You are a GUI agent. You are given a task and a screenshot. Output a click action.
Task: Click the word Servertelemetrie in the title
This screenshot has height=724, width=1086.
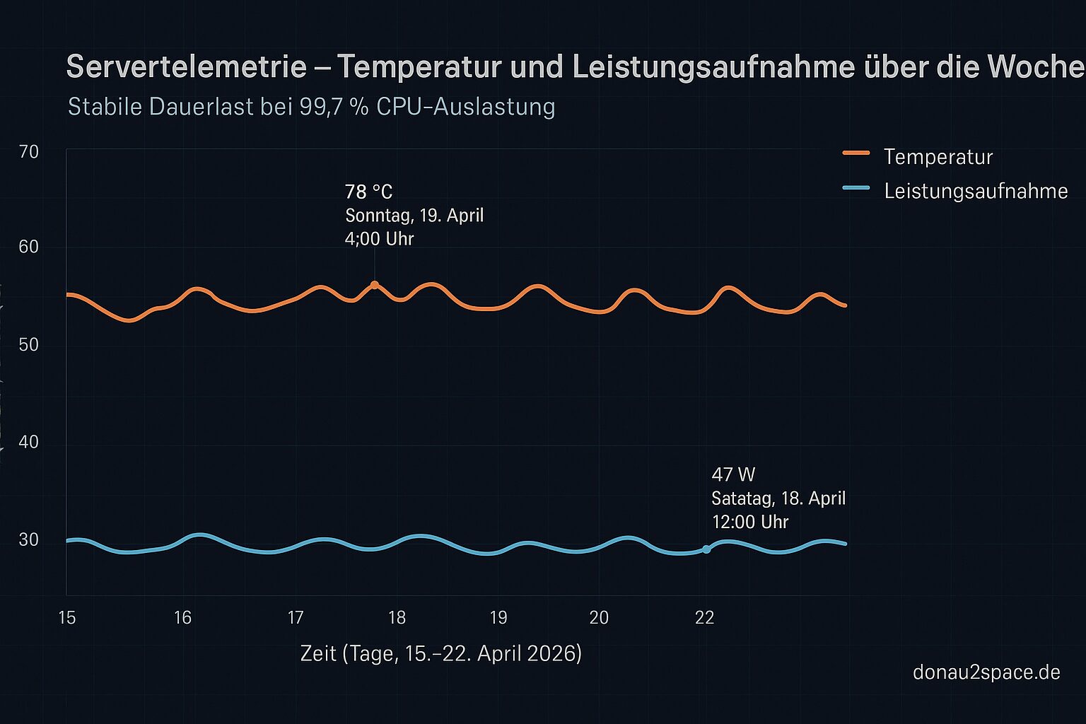[186, 67]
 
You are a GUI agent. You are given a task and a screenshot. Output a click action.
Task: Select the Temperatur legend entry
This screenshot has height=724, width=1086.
[938, 156]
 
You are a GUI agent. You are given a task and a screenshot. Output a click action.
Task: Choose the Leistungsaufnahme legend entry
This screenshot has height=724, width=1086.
[975, 191]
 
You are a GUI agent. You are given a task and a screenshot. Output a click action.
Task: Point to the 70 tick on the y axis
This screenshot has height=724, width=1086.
[29, 151]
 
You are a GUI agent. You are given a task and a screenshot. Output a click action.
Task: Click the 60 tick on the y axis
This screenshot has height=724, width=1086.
[29, 247]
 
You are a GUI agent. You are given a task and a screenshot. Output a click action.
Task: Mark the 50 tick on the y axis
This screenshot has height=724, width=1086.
[29, 344]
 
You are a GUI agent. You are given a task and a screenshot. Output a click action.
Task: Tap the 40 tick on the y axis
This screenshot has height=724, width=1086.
[29, 442]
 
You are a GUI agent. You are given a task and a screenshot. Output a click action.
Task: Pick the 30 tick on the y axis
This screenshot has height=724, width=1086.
[29, 539]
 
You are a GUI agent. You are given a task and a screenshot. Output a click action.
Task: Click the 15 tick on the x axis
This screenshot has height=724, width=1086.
[66, 618]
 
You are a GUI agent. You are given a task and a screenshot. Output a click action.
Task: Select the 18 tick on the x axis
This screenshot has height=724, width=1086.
[397, 618]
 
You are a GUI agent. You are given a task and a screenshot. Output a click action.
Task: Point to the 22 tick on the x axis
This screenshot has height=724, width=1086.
[704, 618]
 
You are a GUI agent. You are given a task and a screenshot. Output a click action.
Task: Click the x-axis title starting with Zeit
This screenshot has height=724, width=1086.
[440, 653]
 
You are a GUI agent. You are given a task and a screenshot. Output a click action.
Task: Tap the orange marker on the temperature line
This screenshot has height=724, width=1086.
[375, 285]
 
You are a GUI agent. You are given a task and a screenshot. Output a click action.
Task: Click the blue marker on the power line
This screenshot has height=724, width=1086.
[706, 549]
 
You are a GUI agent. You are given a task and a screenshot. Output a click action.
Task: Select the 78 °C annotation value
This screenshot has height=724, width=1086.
[368, 192]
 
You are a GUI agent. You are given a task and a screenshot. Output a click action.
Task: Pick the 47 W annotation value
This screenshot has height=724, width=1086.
[733, 474]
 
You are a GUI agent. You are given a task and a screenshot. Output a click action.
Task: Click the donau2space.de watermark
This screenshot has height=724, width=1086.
[986, 672]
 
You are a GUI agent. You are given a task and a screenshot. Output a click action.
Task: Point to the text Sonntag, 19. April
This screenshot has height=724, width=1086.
[414, 215]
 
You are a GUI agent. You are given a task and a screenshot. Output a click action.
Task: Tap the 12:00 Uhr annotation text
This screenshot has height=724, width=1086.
[749, 522]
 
